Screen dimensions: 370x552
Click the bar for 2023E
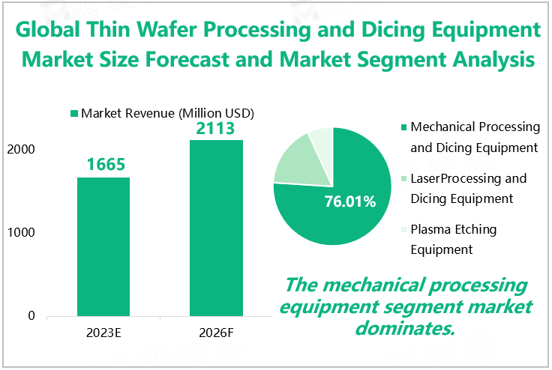[x=103, y=246]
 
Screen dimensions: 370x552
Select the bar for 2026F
[x=215, y=228]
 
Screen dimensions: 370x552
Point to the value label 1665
[x=104, y=164]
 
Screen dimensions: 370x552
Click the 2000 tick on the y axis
[x=22, y=150]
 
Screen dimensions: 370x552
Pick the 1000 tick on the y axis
[x=22, y=233]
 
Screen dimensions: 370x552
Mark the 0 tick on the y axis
[x=31, y=316]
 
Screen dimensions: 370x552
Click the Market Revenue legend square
[x=74, y=114]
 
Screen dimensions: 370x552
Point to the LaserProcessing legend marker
[x=405, y=179]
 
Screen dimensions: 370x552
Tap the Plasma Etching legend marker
[x=405, y=230]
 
